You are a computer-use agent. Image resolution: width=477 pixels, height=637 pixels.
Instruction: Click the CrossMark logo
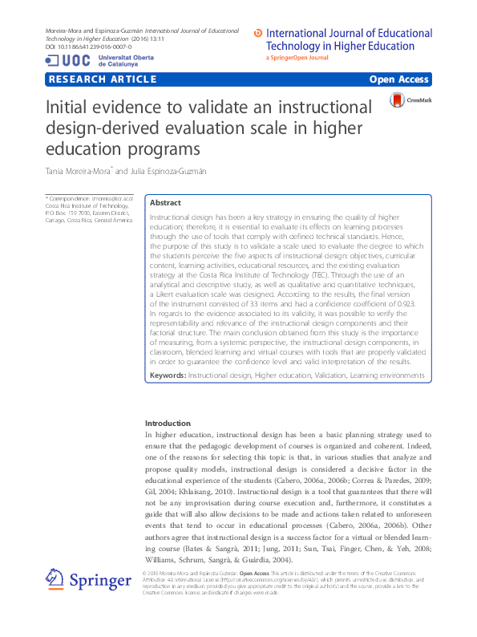pyautogui.click(x=410, y=100)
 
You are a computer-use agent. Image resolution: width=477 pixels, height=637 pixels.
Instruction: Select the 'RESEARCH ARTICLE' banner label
pyautogui.click(x=102, y=79)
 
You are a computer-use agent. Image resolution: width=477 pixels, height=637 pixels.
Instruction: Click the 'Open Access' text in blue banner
pyautogui.click(x=398, y=79)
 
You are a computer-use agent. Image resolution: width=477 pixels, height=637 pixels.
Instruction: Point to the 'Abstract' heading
pyautogui.click(x=166, y=204)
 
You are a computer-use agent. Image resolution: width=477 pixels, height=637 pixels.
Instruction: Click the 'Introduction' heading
pyautogui.click(x=168, y=423)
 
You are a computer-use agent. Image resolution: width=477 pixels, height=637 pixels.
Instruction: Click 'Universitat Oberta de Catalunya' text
pyautogui.click(x=122, y=60)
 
